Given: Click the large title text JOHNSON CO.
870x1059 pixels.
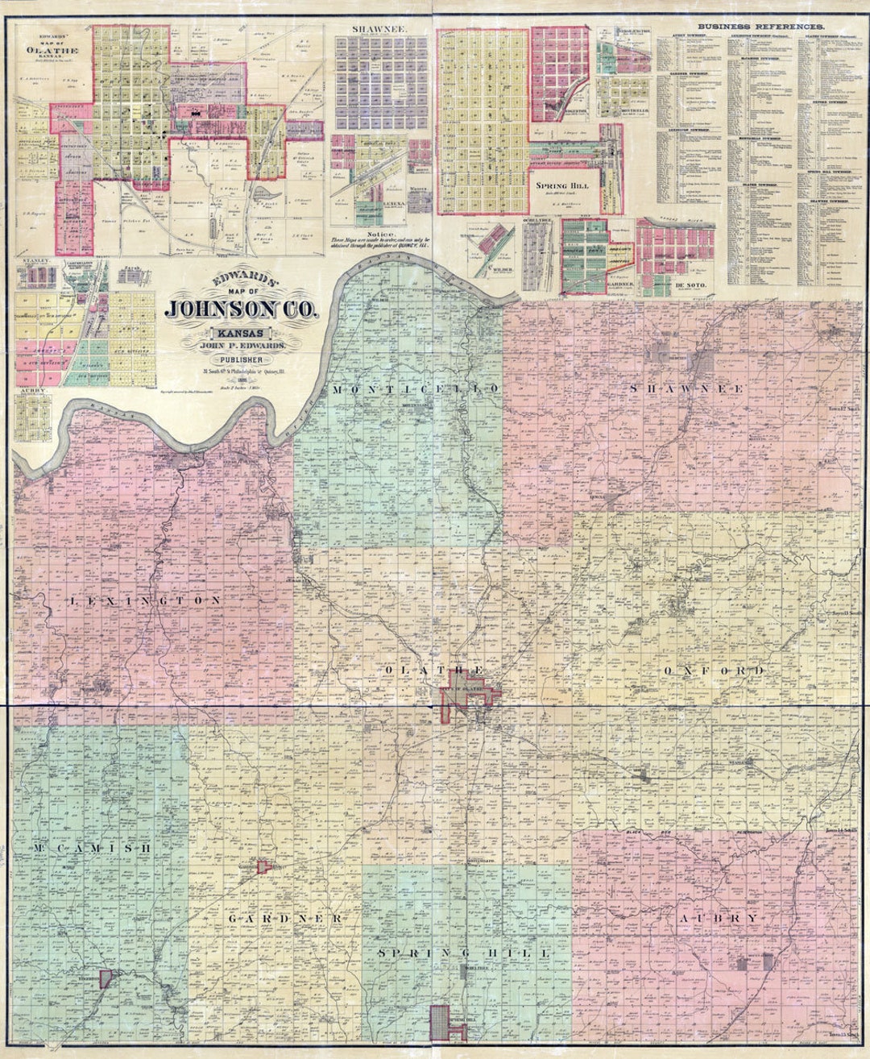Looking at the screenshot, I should pos(242,308).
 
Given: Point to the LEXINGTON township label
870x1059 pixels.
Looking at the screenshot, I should pos(144,601).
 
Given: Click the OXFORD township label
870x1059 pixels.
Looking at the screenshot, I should pos(712,671).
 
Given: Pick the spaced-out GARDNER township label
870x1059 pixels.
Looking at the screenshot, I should pos(286,919).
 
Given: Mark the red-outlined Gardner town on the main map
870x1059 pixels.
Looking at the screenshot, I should pos(263,866).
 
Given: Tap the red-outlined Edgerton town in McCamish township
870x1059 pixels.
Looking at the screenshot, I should pos(105,978).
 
